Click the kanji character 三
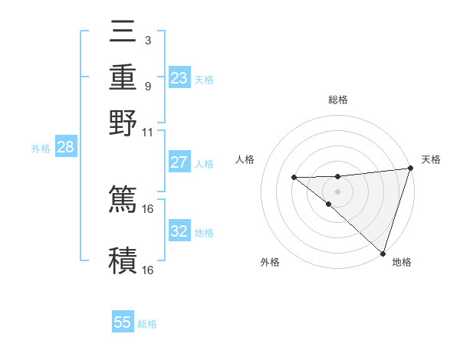click(123, 34)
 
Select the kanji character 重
click(123, 77)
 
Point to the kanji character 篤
click(123, 198)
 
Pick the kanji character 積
click(123, 259)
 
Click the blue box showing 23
click(179, 78)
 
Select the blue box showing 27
click(179, 162)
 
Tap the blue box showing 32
click(179, 231)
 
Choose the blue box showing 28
click(65, 148)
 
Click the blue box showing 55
click(123, 322)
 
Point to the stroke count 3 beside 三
click(148, 41)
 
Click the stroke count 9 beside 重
click(148, 86)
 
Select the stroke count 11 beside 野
click(148, 132)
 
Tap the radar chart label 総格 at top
click(338, 100)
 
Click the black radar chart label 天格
click(431, 159)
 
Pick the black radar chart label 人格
click(246, 159)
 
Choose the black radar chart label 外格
click(270, 262)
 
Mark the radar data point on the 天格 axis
click(410, 169)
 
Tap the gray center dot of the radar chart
click(338, 190)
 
